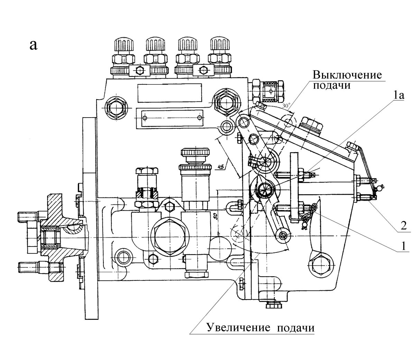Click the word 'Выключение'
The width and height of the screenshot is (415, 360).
point(347,75)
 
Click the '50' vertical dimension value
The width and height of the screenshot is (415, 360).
point(214,217)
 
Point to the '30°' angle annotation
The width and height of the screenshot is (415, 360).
point(286,106)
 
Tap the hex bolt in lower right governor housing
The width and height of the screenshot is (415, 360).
point(320,266)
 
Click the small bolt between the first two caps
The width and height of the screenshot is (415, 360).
point(140,70)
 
